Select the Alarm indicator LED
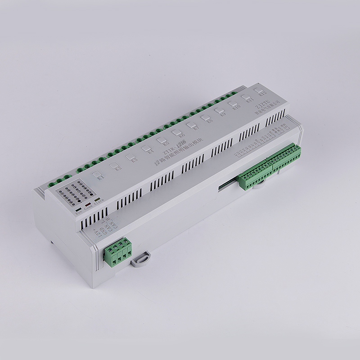(x=97, y=199)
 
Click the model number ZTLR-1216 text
(x=171, y=148)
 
